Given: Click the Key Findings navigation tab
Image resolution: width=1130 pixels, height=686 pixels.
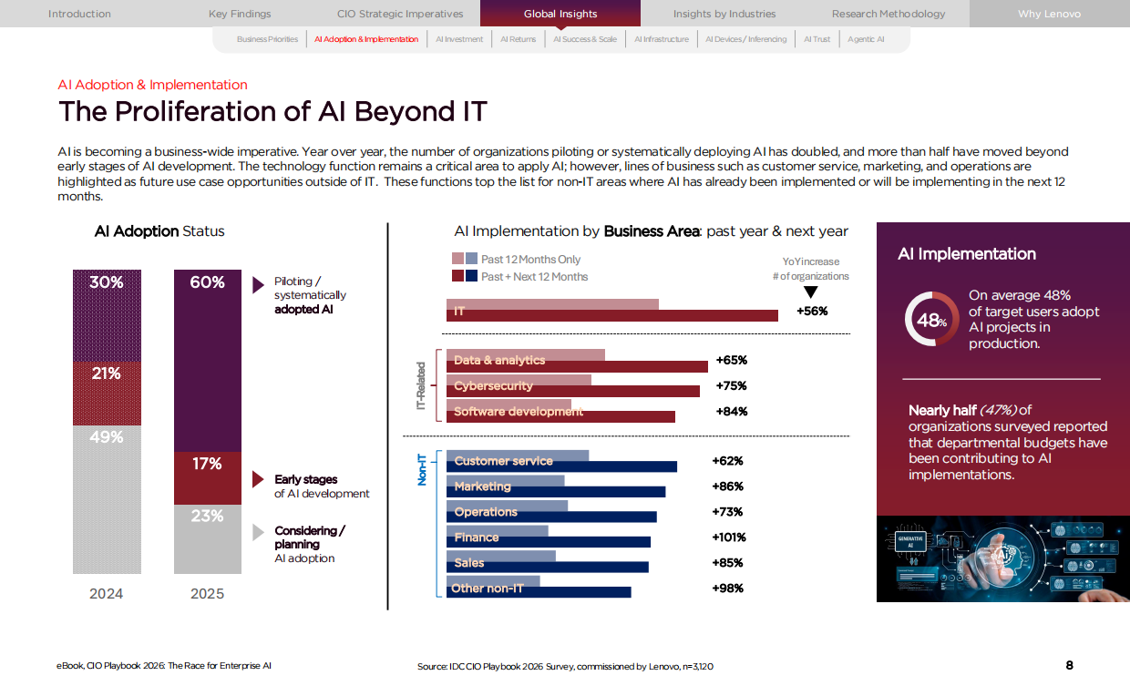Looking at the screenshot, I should click(x=240, y=14).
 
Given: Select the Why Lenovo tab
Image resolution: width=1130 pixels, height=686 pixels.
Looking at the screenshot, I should click(x=1049, y=14).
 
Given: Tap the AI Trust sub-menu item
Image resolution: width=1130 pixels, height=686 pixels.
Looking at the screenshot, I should click(x=817, y=39).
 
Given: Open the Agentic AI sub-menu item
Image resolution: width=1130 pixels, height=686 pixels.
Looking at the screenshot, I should click(x=866, y=39).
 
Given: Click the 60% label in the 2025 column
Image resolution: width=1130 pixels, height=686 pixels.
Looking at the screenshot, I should click(x=207, y=282).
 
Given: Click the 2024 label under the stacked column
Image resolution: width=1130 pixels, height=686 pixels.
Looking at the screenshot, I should click(x=106, y=593).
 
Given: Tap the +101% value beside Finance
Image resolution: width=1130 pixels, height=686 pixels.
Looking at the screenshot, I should click(x=729, y=538).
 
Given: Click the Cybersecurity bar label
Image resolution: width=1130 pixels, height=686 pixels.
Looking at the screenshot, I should click(x=493, y=385).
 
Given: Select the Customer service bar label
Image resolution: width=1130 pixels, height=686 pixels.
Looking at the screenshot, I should click(x=503, y=461).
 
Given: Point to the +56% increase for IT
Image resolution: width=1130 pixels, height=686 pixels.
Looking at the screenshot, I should click(x=811, y=311).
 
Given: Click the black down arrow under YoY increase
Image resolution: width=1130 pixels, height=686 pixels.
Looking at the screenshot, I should click(x=811, y=292).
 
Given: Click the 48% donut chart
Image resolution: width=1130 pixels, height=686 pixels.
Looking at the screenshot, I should click(x=930, y=320).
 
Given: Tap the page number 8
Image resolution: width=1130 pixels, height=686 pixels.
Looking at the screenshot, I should click(x=1069, y=665).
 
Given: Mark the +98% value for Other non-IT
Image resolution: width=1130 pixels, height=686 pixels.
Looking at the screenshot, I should click(x=727, y=589).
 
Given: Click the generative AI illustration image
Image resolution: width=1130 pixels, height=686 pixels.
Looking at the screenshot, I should click(x=1002, y=558).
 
